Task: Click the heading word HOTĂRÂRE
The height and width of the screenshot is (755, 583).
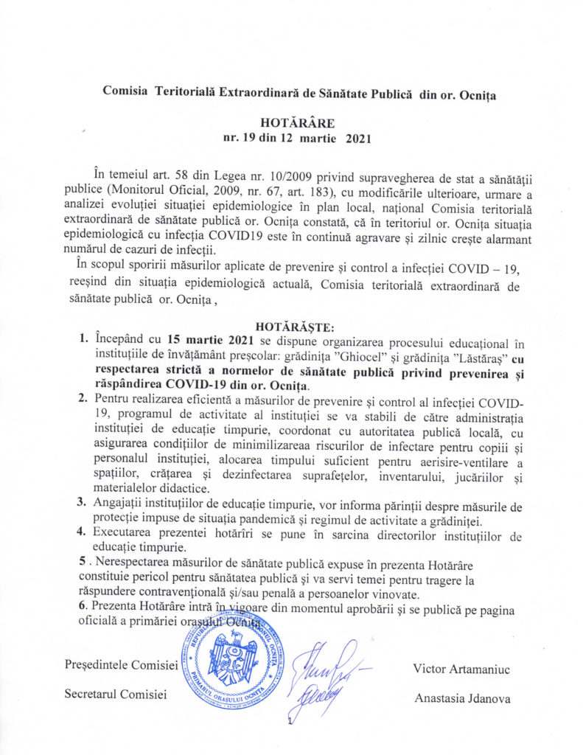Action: [x=292, y=122]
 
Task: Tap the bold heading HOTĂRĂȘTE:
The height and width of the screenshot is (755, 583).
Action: [x=292, y=325]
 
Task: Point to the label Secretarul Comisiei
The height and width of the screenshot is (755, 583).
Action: [x=116, y=693]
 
